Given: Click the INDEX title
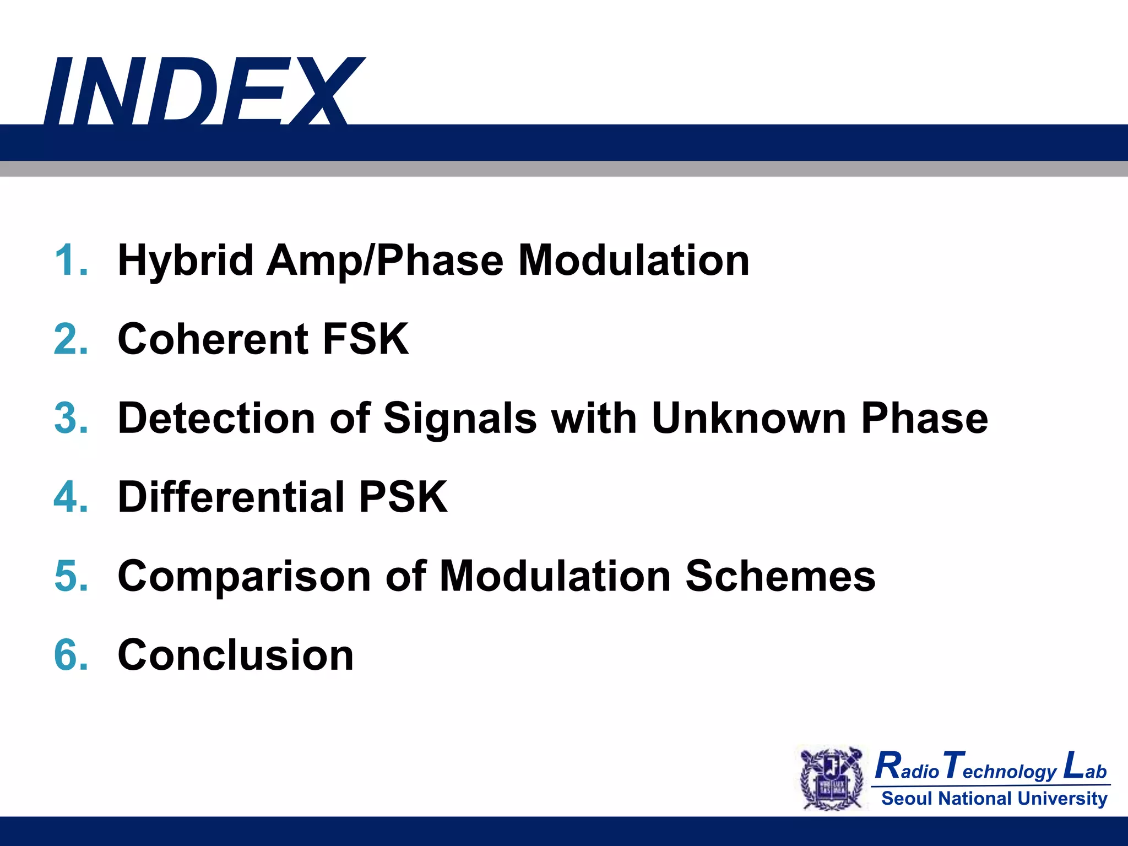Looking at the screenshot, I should (x=204, y=91).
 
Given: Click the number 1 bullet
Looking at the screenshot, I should (x=70, y=260).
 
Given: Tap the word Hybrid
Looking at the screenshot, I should (x=185, y=261).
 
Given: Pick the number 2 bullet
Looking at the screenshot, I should (x=70, y=339).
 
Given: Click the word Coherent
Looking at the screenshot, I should (x=213, y=339).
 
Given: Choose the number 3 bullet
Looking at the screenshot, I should (x=70, y=418).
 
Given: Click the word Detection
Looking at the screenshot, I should (x=216, y=418).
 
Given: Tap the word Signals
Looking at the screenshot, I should (x=460, y=418).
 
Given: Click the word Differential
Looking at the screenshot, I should (x=231, y=497).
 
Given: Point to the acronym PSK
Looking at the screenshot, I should (x=403, y=497).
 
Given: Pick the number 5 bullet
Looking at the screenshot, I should (x=70, y=576).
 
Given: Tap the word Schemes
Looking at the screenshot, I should (x=780, y=576).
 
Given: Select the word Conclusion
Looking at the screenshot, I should (x=236, y=655).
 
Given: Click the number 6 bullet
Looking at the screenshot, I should (x=70, y=655).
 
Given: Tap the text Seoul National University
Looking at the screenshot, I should (x=994, y=798).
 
